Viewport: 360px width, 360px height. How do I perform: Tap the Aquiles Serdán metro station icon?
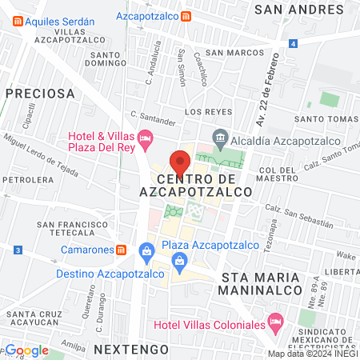(17, 22)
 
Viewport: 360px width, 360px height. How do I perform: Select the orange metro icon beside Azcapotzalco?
(186, 16)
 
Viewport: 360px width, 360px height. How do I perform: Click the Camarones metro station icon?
(121, 249)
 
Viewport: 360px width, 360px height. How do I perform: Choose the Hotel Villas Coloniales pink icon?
(275, 324)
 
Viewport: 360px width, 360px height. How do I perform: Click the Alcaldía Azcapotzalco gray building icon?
(221, 137)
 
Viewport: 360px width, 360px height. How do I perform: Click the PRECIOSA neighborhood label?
(39, 93)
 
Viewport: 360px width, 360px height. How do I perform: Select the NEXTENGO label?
(130, 350)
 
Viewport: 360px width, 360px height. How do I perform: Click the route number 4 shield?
(294, 42)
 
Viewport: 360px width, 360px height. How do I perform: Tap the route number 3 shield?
(17, 250)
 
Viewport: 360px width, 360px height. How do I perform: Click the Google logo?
(26, 350)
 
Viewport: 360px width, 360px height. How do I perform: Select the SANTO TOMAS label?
(325, 119)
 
